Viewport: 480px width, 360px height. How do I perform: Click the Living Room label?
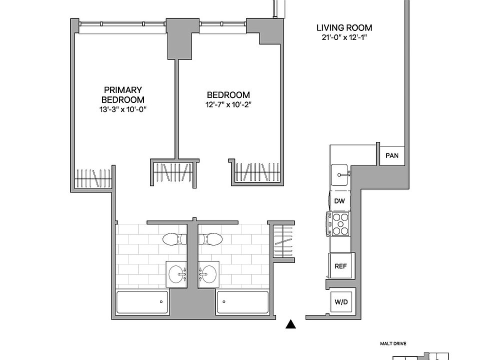tap(344, 28)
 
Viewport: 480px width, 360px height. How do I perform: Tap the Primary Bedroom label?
tap(123, 94)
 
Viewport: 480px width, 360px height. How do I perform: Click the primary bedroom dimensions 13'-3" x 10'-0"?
tap(123, 109)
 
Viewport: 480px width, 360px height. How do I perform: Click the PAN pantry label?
tap(392, 155)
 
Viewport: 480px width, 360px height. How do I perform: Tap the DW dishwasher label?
tap(340, 201)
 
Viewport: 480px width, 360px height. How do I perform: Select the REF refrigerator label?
tap(340, 266)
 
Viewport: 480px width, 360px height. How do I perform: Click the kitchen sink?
tap(341, 174)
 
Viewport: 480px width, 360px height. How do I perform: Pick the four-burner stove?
tap(340, 224)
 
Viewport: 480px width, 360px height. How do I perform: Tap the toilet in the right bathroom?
tap(211, 239)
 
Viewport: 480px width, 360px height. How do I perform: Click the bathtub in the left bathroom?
tap(142, 302)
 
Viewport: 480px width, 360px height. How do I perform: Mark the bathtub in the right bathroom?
tap(242, 302)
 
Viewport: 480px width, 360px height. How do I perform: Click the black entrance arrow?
tap(290, 325)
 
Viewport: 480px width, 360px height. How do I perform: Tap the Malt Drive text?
tap(392, 343)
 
